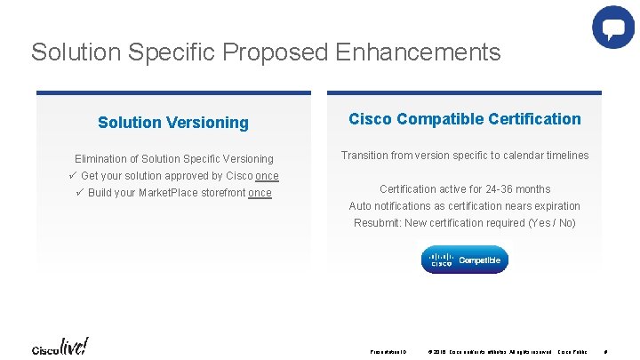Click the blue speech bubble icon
click(613, 28)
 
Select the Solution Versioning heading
click(173, 123)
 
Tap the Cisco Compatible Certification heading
click(465, 119)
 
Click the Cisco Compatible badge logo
click(465, 260)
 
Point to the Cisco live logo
click(60, 346)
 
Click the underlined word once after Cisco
click(267, 176)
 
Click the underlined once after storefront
click(260, 193)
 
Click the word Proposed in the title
click(277, 52)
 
